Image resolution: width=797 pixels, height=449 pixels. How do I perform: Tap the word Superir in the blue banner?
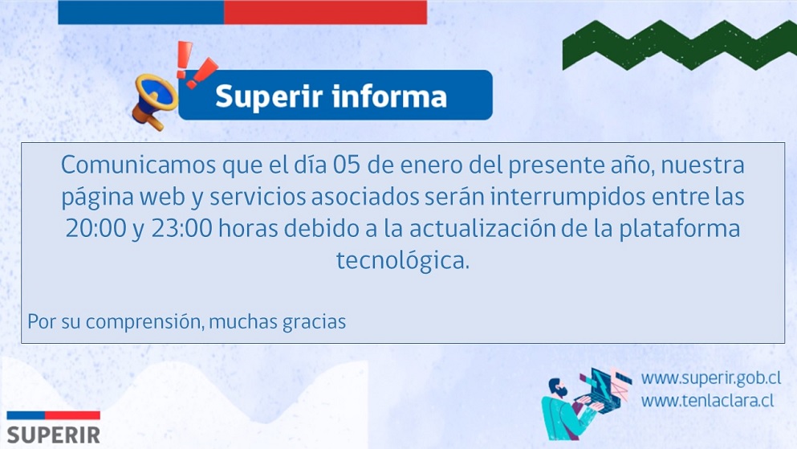click(x=269, y=96)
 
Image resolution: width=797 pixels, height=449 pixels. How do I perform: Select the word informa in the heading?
click(x=389, y=96)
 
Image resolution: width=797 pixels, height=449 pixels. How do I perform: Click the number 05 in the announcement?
click(x=347, y=165)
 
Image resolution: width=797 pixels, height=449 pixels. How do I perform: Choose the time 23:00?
click(x=182, y=229)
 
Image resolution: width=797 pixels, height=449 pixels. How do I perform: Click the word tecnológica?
click(x=403, y=260)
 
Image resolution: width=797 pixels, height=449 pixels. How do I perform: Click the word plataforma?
click(x=679, y=229)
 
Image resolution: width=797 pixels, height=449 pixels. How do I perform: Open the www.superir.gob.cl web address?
click(x=711, y=378)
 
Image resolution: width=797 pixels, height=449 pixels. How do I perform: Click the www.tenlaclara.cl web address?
click(x=708, y=401)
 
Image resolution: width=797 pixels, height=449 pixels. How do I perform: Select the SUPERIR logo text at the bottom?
click(x=53, y=436)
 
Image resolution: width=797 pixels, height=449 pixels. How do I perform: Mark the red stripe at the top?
click(x=325, y=12)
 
